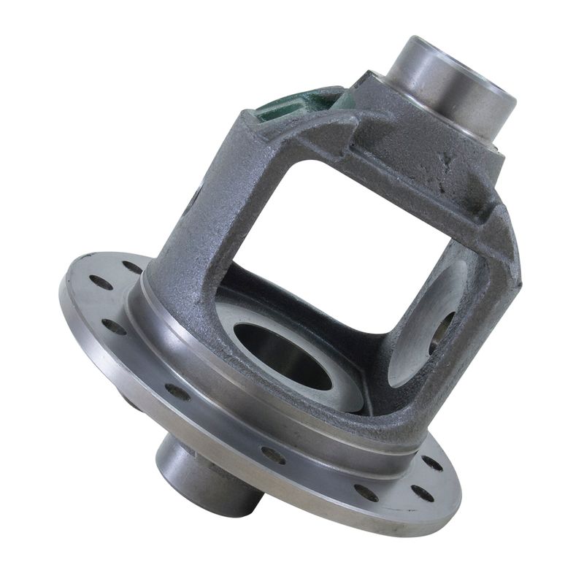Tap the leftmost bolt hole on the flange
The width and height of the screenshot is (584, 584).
tap(101, 283)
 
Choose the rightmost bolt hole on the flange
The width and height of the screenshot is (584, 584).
tap(433, 463)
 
